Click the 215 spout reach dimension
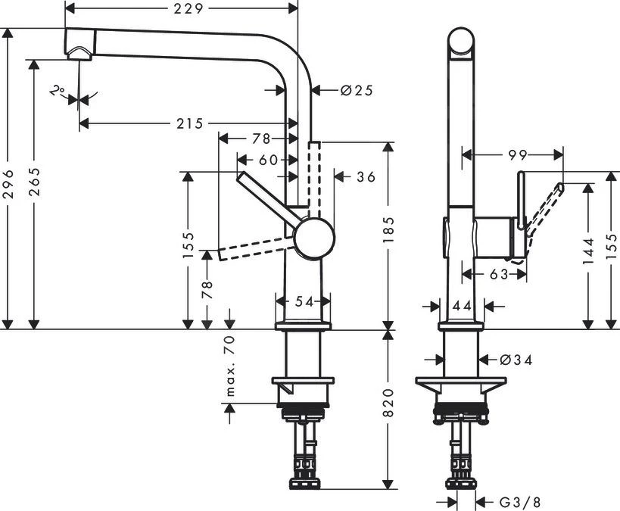185,123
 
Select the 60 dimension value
267,159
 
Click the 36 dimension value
366,176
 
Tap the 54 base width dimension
304,301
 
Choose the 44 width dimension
462,306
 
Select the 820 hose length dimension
389,407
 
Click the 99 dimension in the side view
518,155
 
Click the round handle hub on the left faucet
314,239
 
